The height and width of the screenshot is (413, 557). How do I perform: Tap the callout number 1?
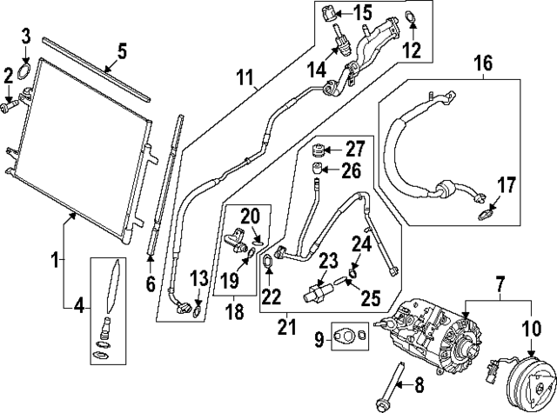pyautogui.click(x=54, y=258)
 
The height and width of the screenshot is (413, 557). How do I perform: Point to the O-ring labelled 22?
pyautogui.click(x=268, y=257)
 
